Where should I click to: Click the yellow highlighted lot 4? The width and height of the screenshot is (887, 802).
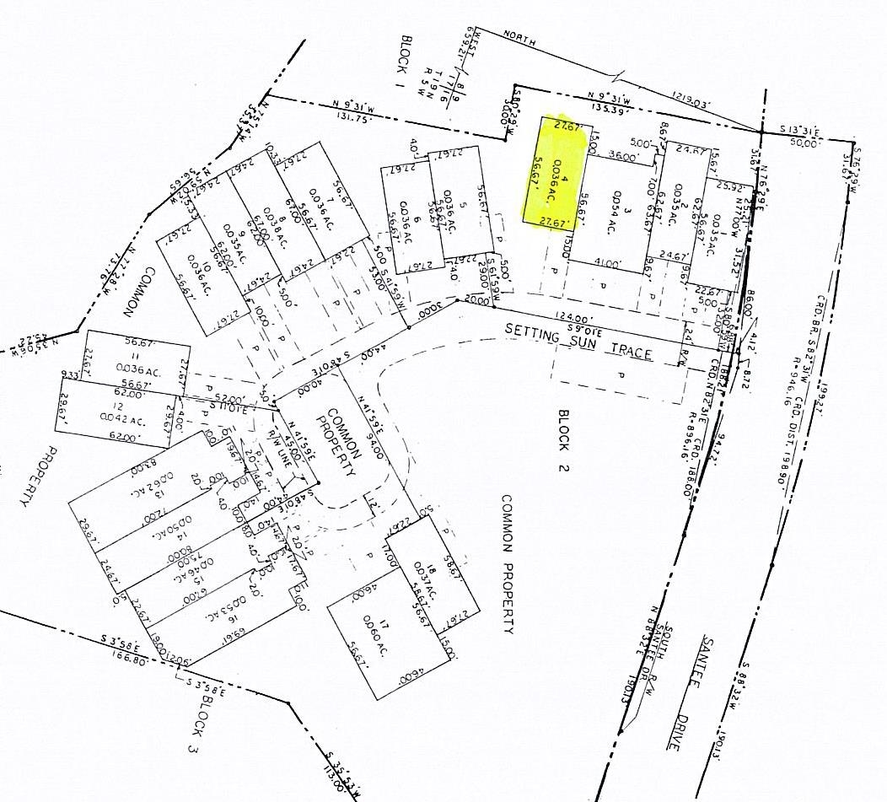[x=554, y=173]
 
